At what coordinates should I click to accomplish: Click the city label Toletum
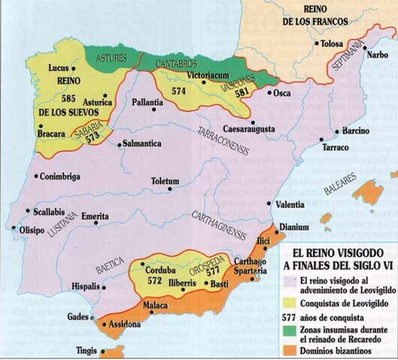164,181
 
